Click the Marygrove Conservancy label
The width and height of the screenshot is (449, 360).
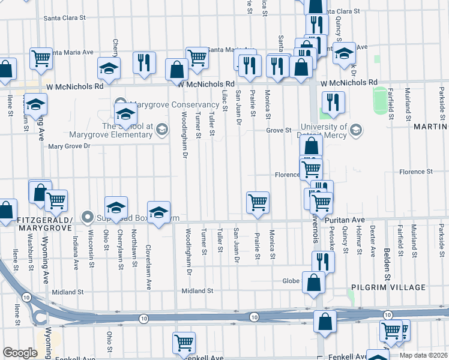[167, 104]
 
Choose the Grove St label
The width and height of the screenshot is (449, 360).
[279, 130]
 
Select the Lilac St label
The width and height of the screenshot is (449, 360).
[224, 100]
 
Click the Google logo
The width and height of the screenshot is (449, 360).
[20, 353]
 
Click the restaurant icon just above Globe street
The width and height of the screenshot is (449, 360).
[322, 261]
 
